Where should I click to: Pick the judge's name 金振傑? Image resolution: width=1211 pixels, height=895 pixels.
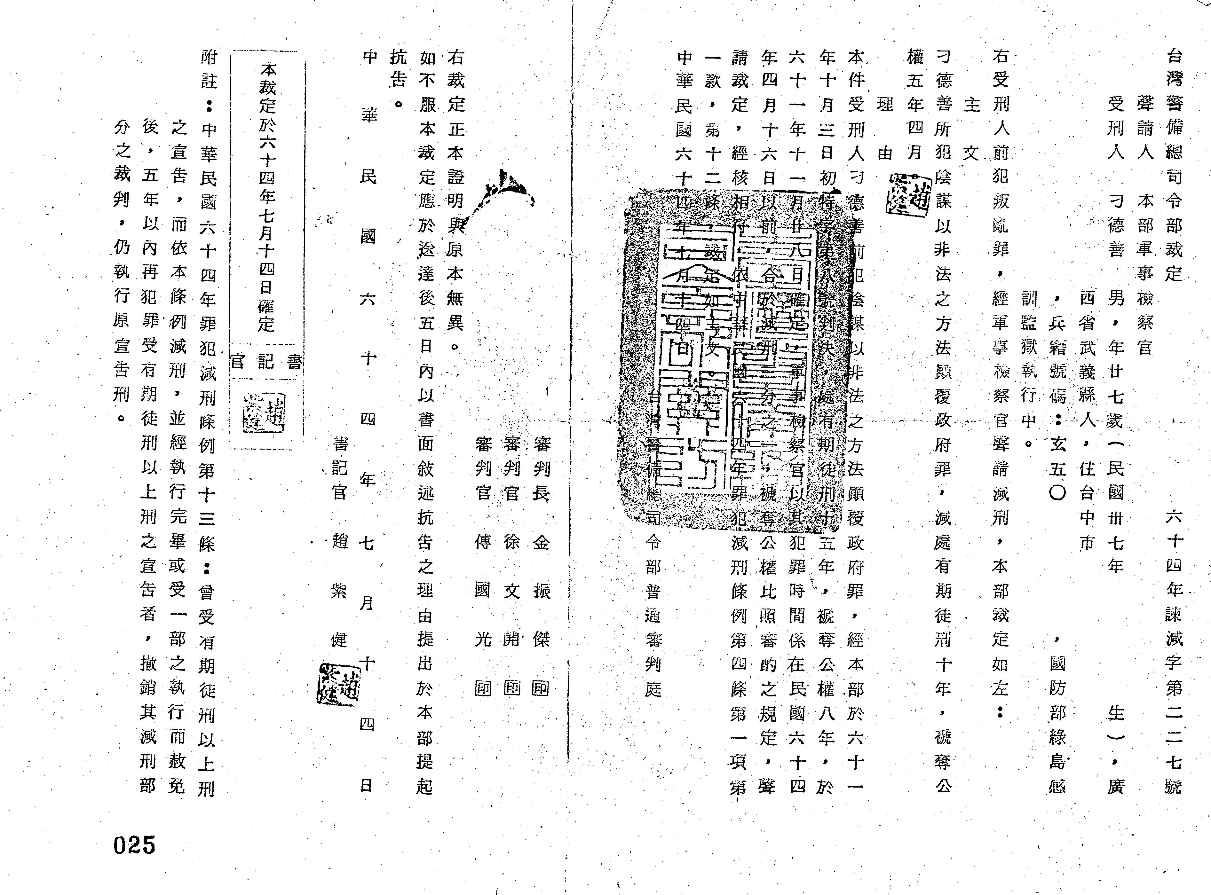tap(541, 591)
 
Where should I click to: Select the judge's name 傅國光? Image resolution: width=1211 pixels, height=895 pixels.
tap(482, 591)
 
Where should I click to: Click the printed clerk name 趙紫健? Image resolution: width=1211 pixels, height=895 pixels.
tap(339, 591)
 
